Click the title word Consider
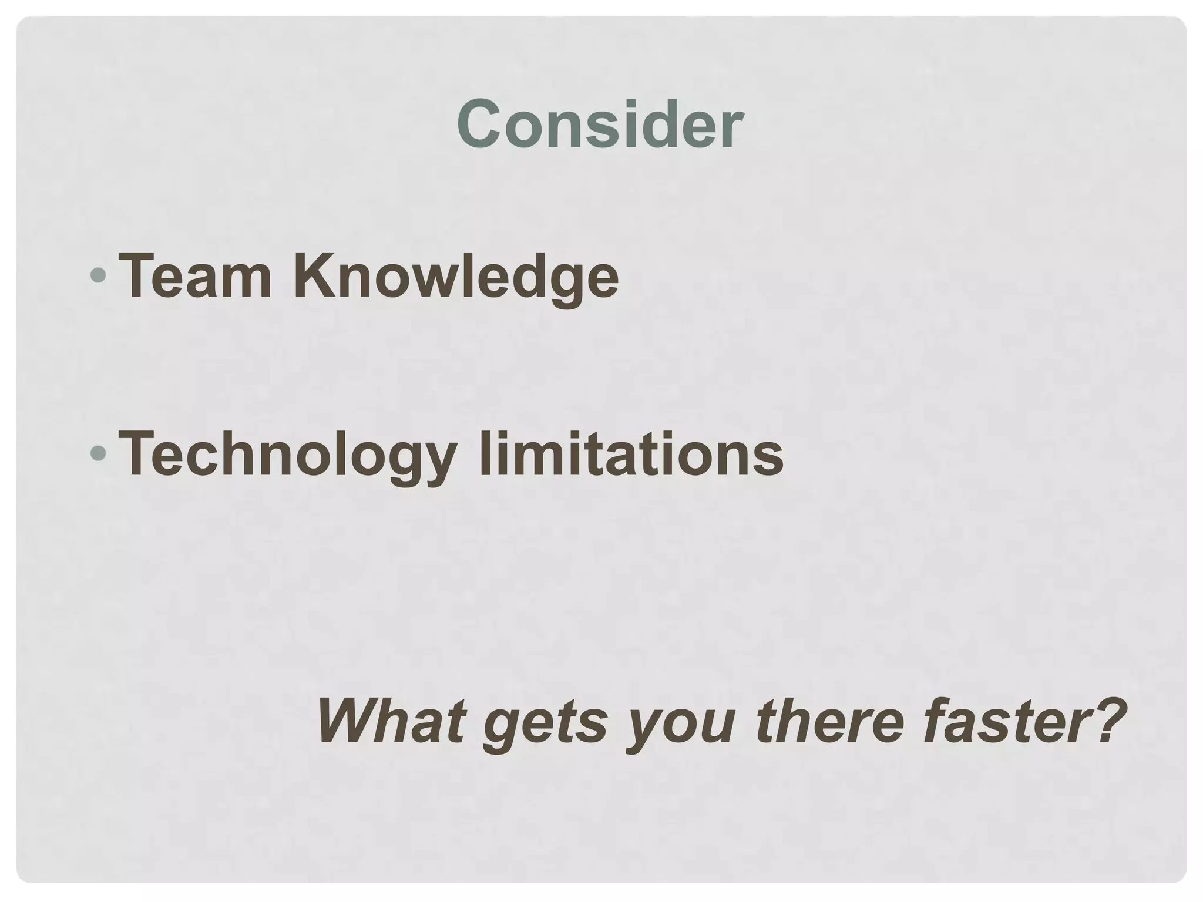pyautogui.click(x=600, y=124)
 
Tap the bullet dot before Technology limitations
pyautogui.click(x=99, y=452)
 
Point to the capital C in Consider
pyautogui.click(x=480, y=124)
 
